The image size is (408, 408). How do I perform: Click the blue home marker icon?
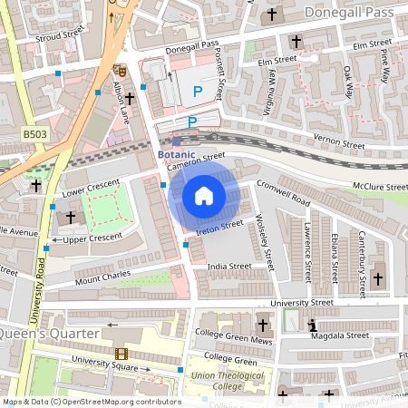[x=204, y=196]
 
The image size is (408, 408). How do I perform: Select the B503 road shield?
[x=34, y=134]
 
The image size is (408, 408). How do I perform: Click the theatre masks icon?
[x=119, y=70]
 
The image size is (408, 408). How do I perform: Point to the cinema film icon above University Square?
[x=121, y=354]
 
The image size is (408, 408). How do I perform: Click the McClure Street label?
[x=381, y=187]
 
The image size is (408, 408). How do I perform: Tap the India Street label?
[x=228, y=267]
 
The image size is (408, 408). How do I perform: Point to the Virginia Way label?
[x=270, y=91]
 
